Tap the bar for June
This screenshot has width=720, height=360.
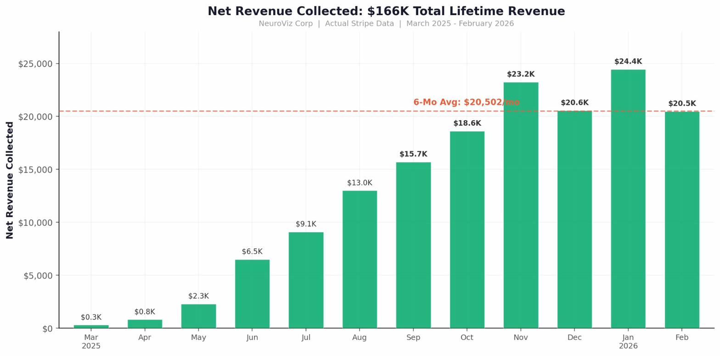pos(252,294)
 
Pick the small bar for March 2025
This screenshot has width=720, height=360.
pos(91,326)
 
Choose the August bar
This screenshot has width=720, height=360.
pos(360,259)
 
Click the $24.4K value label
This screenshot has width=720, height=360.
pos(628,62)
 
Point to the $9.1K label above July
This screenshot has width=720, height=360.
pos(306,224)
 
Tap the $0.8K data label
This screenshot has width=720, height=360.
pos(145,312)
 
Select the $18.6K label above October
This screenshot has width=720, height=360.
pos(467,123)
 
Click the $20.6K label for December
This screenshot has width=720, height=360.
pos(574,103)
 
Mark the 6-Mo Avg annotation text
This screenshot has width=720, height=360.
pos(467,102)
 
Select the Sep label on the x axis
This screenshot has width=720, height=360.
pos(413,337)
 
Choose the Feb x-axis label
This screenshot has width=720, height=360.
pos(682,337)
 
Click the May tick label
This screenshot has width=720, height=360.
pos(198,337)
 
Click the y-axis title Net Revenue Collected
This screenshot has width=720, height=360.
pos(10,180)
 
